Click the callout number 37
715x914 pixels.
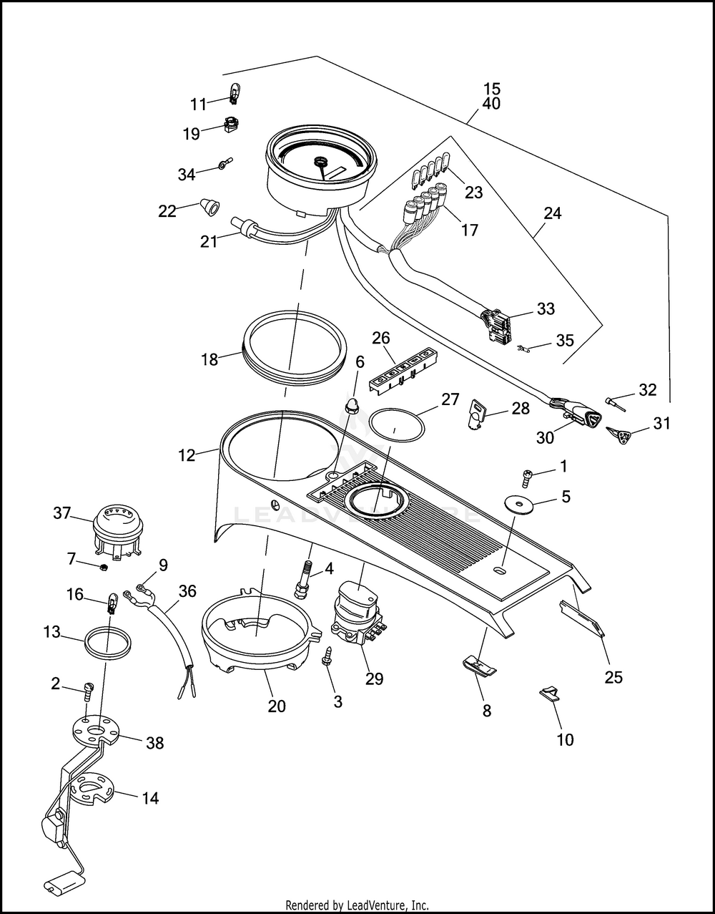coord(62,512)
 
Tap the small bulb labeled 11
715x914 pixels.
coord(233,93)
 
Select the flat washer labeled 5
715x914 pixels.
coord(520,503)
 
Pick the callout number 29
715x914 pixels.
coord(374,679)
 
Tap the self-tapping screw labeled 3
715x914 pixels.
coord(328,656)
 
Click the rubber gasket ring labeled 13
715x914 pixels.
coord(107,641)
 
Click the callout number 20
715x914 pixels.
coord(277,706)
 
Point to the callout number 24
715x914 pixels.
coord(553,213)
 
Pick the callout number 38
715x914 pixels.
coord(154,743)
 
